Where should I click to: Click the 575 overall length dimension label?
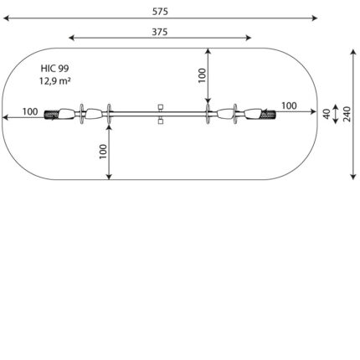pyautogui.click(x=160, y=12)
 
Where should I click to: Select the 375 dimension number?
pyautogui.click(x=160, y=32)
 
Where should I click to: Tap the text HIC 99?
pyautogui.click(x=54, y=69)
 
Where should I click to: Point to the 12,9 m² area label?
pyautogui.click(x=54, y=81)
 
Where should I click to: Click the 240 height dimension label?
pyautogui.click(x=347, y=114)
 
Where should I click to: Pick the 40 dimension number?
pyautogui.click(x=327, y=114)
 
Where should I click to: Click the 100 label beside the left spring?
pyautogui.click(x=30, y=111)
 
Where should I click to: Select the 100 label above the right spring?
pyautogui.click(x=289, y=106)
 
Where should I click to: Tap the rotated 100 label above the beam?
pyautogui.click(x=202, y=75)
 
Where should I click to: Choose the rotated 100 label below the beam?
pyautogui.click(x=103, y=152)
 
